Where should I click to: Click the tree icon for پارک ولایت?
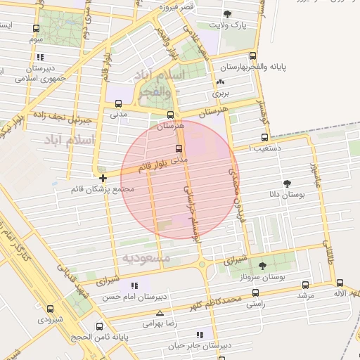(226, 14)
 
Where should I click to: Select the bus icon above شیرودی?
(50, 308)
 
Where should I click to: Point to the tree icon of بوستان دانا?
(287, 184)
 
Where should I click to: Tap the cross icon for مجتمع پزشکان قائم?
(103, 178)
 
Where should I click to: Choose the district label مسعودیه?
(146, 258)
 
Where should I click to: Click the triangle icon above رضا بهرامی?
(160, 313)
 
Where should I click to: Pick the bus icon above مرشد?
(305, 285)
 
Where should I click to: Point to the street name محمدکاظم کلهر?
(217, 304)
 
